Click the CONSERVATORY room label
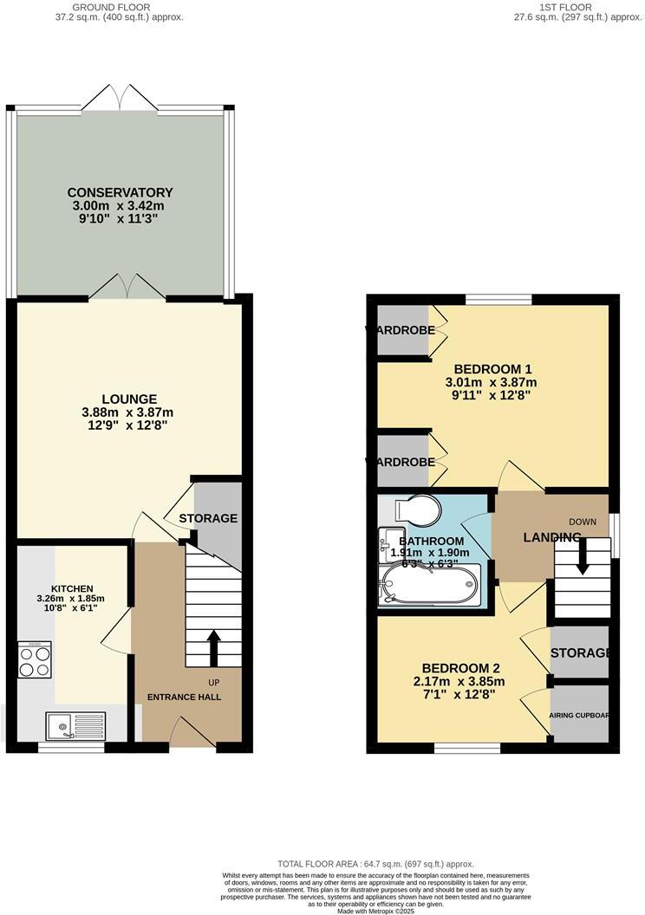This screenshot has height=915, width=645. click(121, 192)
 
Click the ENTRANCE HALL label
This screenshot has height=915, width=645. click(184, 698)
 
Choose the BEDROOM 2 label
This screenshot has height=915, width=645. click(461, 668)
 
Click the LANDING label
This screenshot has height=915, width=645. click(551, 538)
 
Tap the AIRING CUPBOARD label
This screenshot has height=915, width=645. click(580, 716)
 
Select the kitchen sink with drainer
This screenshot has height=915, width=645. click(75, 724)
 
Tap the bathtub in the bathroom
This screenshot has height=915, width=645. click(430, 586)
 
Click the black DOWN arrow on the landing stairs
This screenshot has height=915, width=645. click(582, 555)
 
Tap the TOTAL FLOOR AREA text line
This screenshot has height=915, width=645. click(375, 864)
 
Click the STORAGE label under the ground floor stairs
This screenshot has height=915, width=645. click(208, 518)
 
